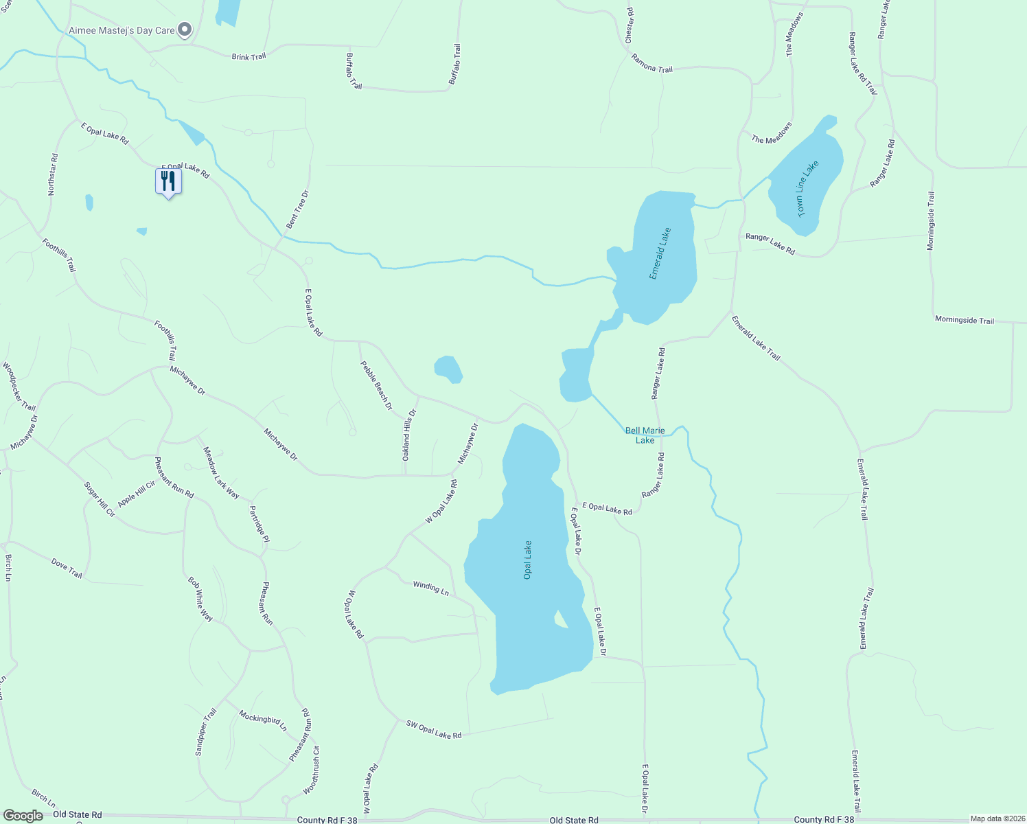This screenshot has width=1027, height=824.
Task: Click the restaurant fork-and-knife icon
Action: click(x=168, y=182)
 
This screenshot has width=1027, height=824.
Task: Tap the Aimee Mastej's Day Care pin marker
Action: click(x=185, y=30)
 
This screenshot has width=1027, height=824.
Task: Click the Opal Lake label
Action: click(x=528, y=560)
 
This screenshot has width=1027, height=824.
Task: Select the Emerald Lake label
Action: click(x=660, y=253)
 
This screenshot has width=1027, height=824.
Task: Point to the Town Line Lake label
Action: click(x=808, y=189)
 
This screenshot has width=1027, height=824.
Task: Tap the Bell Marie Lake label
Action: click(x=645, y=435)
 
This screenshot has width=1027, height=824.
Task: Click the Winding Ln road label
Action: click(x=430, y=588)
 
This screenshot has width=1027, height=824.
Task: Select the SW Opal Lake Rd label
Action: click(x=433, y=729)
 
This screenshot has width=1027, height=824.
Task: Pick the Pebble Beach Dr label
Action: click(x=376, y=385)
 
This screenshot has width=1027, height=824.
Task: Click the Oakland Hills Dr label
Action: click(x=408, y=435)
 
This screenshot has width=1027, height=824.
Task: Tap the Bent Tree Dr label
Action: click(x=297, y=209)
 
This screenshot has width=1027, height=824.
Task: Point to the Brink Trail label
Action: click(x=249, y=56)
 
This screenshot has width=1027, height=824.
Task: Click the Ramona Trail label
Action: click(x=651, y=64)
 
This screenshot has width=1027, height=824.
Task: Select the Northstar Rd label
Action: click(x=53, y=174)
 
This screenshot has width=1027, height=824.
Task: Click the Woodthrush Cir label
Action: click(x=311, y=770)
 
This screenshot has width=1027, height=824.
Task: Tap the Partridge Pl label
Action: click(x=259, y=524)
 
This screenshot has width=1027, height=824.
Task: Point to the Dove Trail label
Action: click(x=67, y=568)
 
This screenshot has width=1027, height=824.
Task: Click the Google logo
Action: click(x=23, y=816)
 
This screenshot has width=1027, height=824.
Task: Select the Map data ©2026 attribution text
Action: click(x=997, y=819)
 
